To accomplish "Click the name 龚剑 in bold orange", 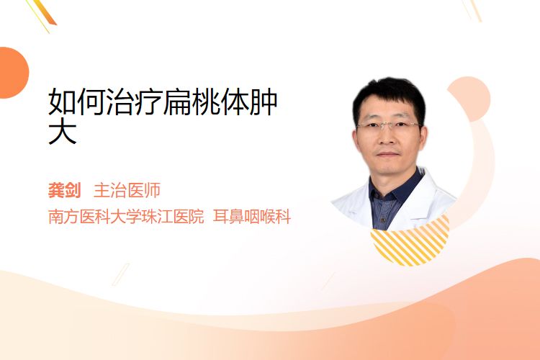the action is [x=64, y=190].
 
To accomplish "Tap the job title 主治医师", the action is [x=127, y=190].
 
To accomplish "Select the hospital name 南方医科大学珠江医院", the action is [x=126, y=217].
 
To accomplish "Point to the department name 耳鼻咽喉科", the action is [x=252, y=217].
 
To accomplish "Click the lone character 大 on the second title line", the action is [x=63, y=132].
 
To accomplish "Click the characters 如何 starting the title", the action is [x=76, y=102].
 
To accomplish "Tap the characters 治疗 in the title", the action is [x=134, y=102].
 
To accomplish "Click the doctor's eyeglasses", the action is [x=389, y=125].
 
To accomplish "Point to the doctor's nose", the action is [x=388, y=136].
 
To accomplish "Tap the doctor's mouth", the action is [x=388, y=153].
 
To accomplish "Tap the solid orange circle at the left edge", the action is [x=13, y=73].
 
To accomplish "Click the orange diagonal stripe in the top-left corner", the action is [x=46, y=13].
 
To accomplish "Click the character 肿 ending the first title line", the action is [x=264, y=102].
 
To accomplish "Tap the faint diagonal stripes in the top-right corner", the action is [x=472, y=10].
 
